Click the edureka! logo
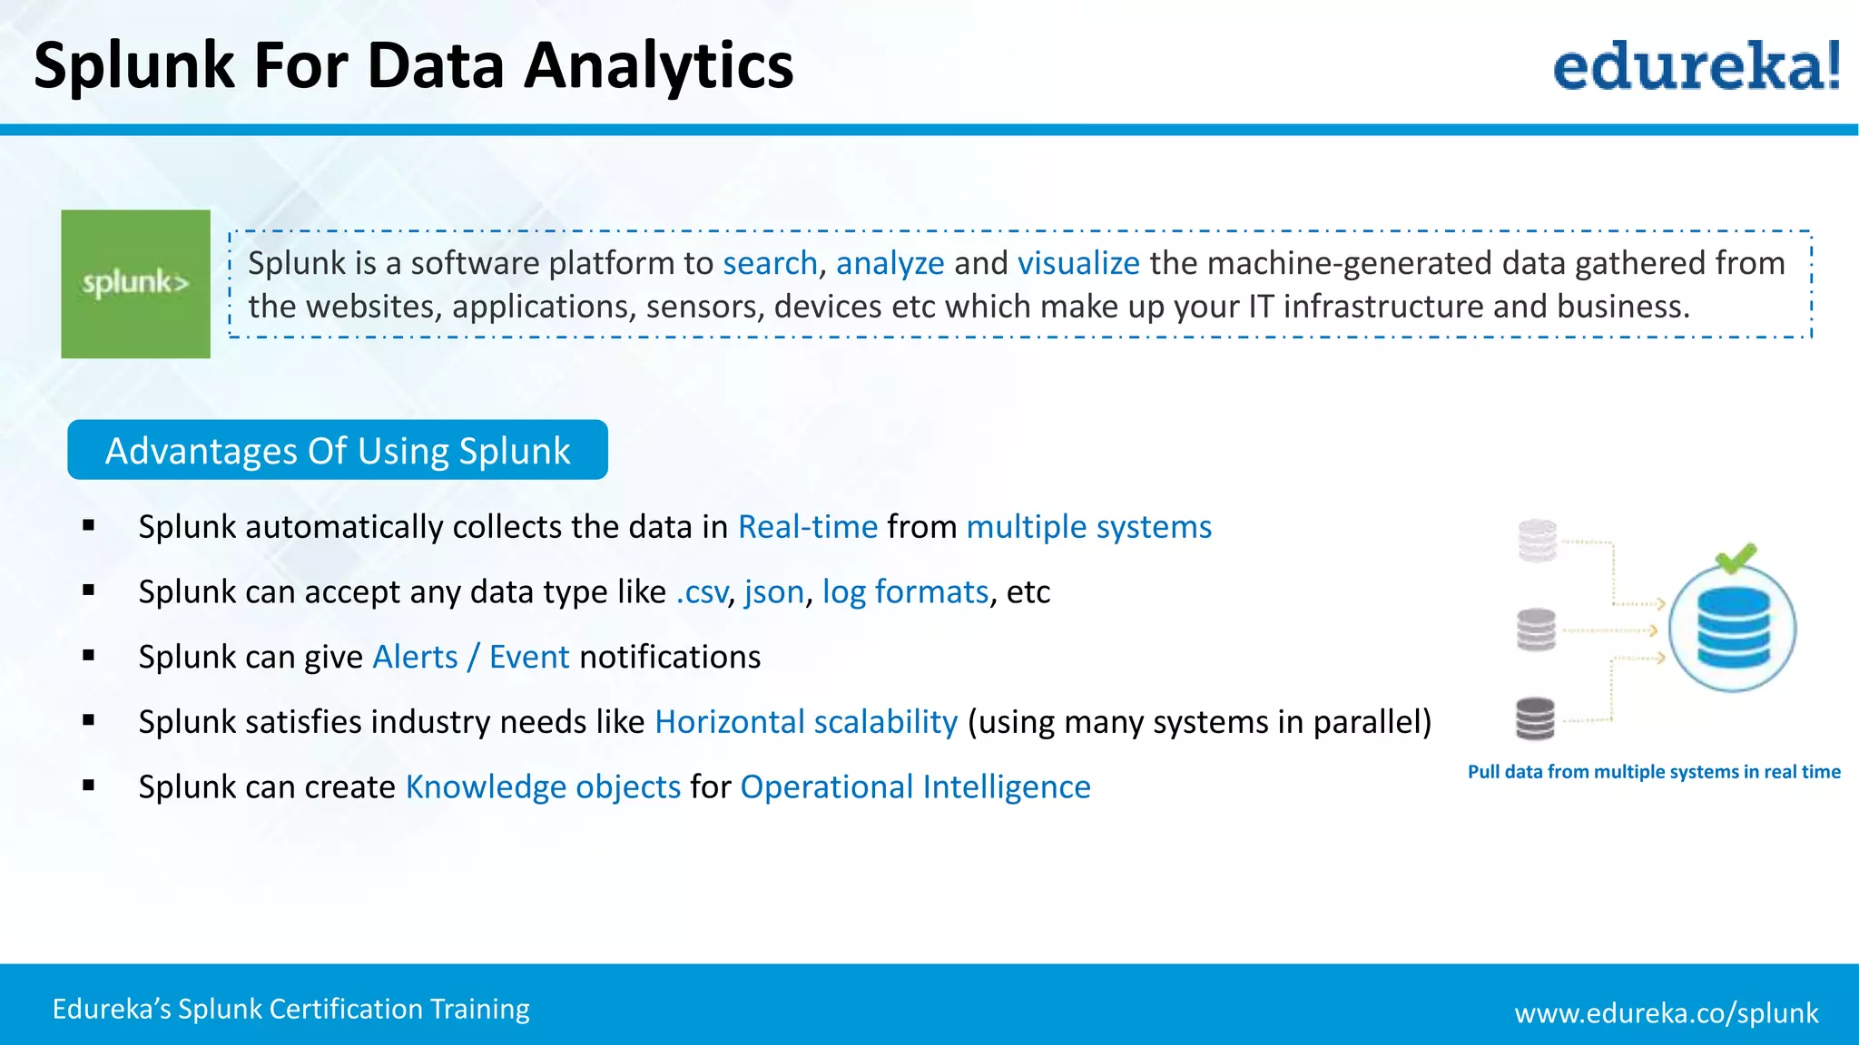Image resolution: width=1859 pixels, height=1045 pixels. pos(1696,66)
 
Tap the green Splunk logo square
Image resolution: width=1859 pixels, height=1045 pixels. pos(135,284)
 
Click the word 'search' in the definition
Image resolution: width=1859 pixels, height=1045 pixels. pos(770,263)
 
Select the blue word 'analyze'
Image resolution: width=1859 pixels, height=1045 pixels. pos(890,263)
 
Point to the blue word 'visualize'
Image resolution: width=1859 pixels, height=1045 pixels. pos(1077,263)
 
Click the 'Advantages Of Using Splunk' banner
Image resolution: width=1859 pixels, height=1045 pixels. pos(338,450)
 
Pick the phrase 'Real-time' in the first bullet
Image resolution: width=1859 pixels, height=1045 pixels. pos(807,527)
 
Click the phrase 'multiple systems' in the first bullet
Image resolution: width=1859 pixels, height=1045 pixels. pos(1088,527)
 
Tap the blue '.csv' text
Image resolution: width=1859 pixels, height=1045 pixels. pos(701,592)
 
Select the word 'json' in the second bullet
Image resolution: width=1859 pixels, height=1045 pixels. pos(773,592)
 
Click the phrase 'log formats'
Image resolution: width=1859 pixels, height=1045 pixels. pos(904,592)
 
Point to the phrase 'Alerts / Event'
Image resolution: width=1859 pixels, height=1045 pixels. pos(470,657)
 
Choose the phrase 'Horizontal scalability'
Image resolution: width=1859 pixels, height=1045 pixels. pos(805,722)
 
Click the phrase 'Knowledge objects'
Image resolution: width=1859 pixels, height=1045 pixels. pos(542,787)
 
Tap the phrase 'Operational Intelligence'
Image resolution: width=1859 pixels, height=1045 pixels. pos(915,787)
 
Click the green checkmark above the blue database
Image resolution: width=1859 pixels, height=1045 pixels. pos(1735,557)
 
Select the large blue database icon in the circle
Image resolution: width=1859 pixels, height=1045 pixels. pos(1732,628)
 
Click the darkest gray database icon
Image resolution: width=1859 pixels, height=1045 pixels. pos(1535,718)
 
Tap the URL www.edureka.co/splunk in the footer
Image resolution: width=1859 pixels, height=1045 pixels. pos(1666,1012)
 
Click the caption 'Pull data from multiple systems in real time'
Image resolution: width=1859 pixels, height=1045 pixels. pos(1654,772)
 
